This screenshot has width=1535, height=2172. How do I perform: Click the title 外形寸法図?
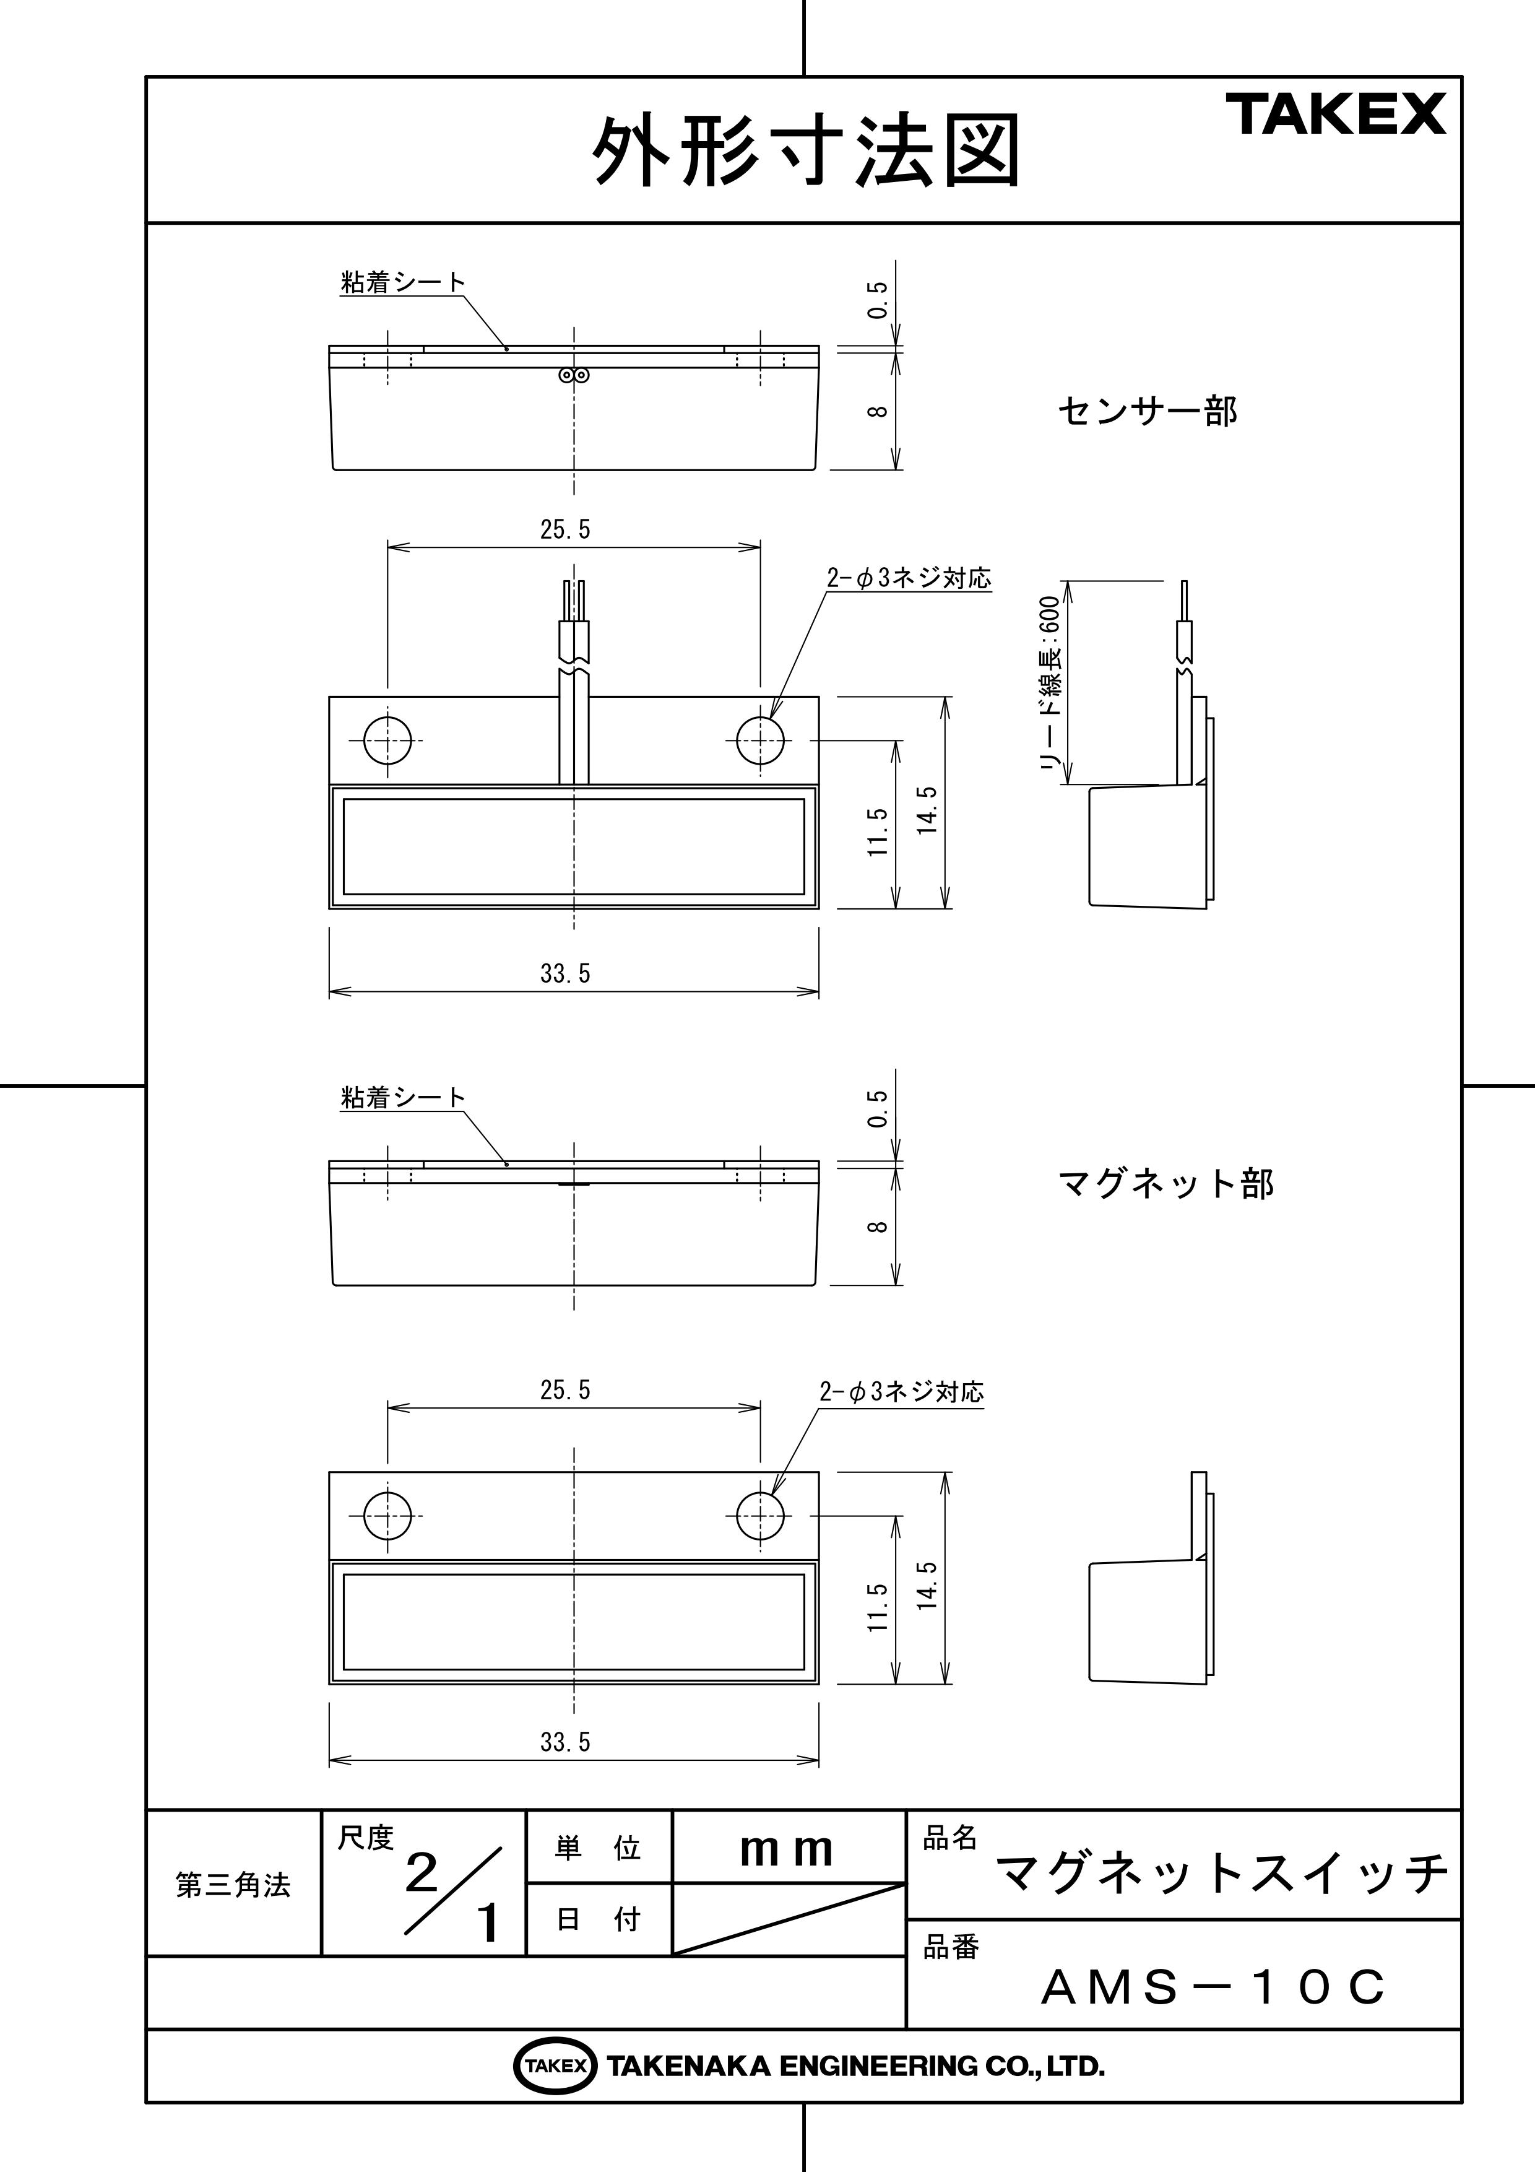coord(806,151)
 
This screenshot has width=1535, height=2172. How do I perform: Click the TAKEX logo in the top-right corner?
coord(1336,115)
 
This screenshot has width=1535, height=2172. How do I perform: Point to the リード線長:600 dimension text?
coord(1050,683)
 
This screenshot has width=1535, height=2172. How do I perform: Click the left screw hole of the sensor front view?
coord(387,740)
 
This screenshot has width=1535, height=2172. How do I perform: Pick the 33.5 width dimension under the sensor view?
coord(566,973)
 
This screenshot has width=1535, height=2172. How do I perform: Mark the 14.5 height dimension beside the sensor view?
coord(927,810)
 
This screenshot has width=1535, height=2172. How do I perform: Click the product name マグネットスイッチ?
coord(1222,1872)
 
